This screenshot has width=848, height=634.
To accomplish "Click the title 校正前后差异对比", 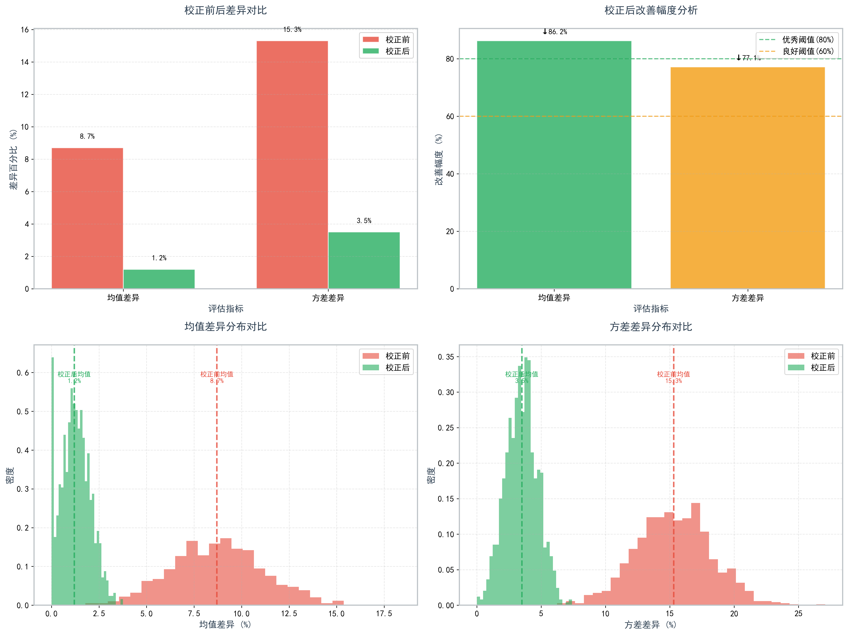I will coord(225,10).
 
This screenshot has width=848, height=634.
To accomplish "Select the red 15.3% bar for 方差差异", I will coord(292,165).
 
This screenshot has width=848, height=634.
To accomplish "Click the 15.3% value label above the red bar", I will coord(292,30).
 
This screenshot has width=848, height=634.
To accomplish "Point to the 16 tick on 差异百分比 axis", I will coord(25,30).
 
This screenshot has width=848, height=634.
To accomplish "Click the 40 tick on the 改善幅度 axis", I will coord(450,174).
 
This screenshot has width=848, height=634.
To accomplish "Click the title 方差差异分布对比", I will coord(651,327).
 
